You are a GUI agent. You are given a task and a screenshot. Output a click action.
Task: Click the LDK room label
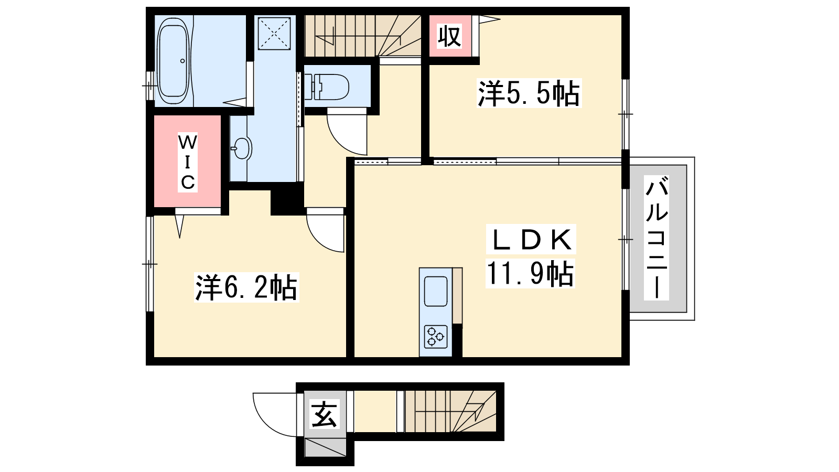pyautogui.click(x=530, y=239)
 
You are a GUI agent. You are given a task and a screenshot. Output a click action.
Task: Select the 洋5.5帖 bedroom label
pyautogui.click(x=529, y=93)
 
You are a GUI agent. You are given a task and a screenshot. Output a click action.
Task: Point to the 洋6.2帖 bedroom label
pyautogui.click(x=246, y=288)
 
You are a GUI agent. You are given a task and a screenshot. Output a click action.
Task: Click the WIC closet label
pyautogui.click(x=187, y=163)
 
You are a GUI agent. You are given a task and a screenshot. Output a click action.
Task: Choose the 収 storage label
pyautogui.click(x=449, y=36)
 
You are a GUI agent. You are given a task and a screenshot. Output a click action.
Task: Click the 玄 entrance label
pyautogui.click(x=324, y=414)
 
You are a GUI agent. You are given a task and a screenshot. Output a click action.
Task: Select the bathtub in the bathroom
pyautogui.click(x=173, y=61)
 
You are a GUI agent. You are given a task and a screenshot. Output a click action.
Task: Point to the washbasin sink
pyautogui.click(x=241, y=148)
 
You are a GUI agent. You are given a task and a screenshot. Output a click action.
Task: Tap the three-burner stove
pyautogui.click(x=436, y=337)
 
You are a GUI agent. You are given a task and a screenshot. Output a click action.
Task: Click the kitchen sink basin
pyautogui.click(x=436, y=291)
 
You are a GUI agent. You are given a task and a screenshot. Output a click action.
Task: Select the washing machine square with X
pyautogui.click(x=274, y=33)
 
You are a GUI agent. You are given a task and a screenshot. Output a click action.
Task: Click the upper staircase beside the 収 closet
pyautogui.click(x=362, y=36)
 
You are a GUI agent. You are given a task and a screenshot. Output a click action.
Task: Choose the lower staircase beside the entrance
pyautogui.click(x=450, y=411)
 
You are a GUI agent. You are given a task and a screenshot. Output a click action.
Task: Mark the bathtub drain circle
pyautogui.click(x=183, y=61)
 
